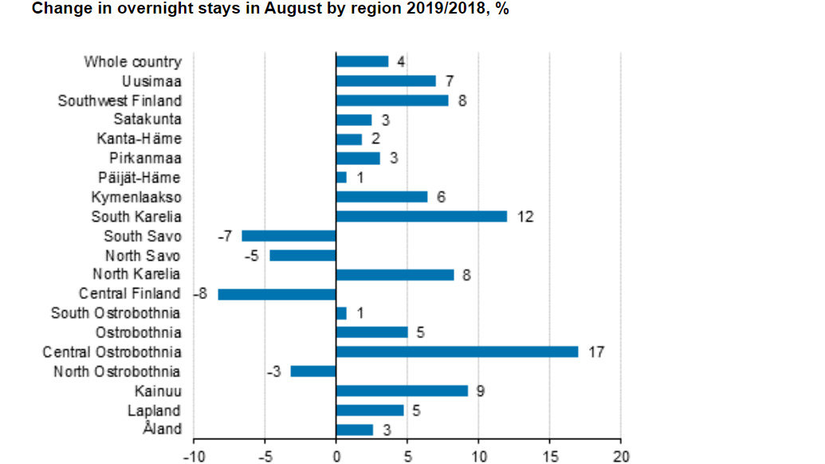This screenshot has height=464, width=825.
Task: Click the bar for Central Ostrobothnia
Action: [457, 352]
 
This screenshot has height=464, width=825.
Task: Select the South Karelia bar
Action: [421, 216]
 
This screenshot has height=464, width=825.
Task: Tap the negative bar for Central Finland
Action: [277, 294]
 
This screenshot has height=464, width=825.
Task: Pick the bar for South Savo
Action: [289, 235]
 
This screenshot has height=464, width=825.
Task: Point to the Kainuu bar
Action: [402, 391]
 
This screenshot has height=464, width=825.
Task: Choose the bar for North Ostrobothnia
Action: [313, 372]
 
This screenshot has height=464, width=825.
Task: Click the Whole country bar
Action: [362, 61]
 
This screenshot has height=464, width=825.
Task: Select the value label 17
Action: [595, 352]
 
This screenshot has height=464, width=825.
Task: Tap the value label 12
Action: [524, 216]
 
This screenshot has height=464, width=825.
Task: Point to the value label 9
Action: [481, 391]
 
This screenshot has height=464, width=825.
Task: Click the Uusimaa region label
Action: [151, 81]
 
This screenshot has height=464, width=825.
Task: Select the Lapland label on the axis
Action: [154, 411]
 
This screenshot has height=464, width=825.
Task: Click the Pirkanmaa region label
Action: [145, 158]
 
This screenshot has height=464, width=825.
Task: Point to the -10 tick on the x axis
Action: [193, 456]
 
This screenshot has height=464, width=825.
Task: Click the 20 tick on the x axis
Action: [620, 456]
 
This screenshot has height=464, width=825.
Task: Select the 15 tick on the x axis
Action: [549, 456]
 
